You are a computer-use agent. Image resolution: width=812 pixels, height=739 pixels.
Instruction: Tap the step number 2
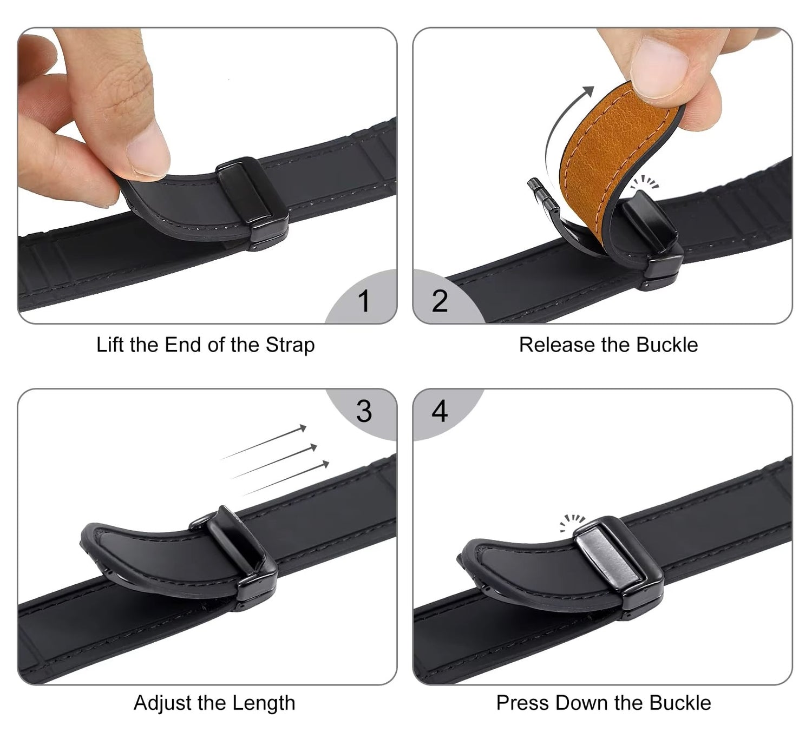click(x=440, y=301)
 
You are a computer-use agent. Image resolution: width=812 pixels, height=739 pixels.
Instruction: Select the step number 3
click(x=364, y=411)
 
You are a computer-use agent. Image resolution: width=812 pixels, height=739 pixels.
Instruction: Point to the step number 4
click(x=440, y=411)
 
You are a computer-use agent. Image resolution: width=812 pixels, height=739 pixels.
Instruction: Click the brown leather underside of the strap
click(x=607, y=154)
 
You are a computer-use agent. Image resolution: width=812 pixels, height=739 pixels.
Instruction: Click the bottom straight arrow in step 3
click(x=286, y=478)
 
